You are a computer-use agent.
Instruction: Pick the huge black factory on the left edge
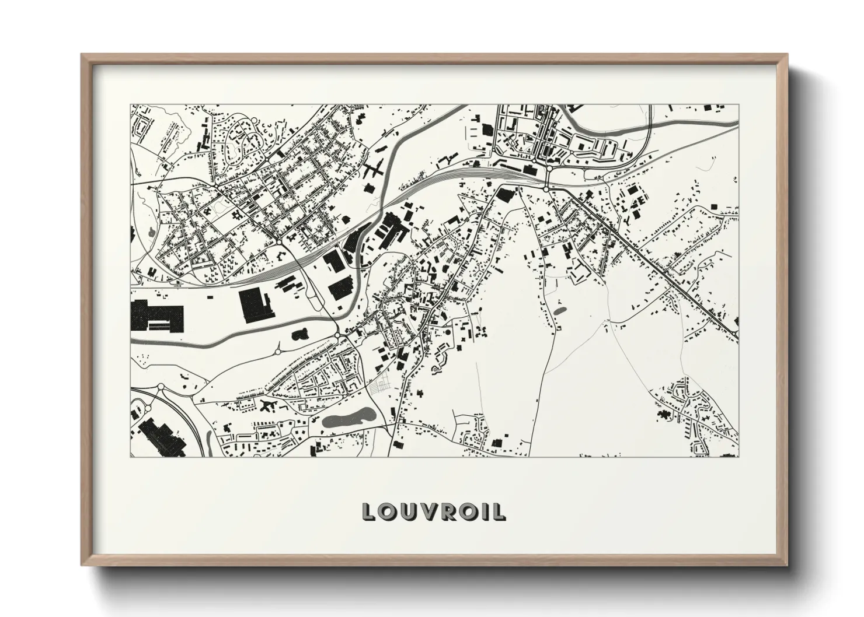click(x=155, y=315)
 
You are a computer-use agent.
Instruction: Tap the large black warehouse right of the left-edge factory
click(x=255, y=304)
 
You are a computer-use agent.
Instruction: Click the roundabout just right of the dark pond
click(x=338, y=336)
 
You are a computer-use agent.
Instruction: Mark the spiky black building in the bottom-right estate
click(x=664, y=413)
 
